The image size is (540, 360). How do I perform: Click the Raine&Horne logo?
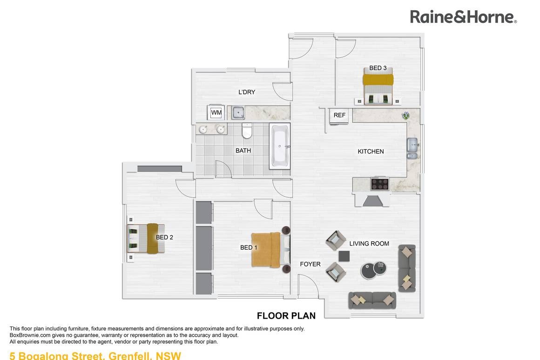[x=463, y=17]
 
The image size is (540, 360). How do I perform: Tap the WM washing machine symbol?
[x=216, y=113]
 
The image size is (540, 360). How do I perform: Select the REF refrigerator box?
[x=339, y=115]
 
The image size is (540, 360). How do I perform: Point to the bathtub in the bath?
[x=280, y=146]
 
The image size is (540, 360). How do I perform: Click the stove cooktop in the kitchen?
[x=379, y=184]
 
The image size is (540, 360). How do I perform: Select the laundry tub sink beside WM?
[x=238, y=113]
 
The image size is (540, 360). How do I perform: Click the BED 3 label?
[x=378, y=68]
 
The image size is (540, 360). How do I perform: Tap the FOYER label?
[x=310, y=264]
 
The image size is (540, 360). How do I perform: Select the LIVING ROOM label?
[x=369, y=243]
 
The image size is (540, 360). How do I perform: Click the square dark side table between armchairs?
[x=344, y=256]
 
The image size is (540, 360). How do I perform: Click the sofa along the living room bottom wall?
[x=372, y=300]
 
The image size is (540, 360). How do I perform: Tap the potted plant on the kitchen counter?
[x=406, y=115]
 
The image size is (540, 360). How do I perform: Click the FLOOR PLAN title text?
[x=286, y=316]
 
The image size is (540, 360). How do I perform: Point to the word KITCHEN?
[x=371, y=151]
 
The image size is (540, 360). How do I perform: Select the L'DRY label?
[x=247, y=92]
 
